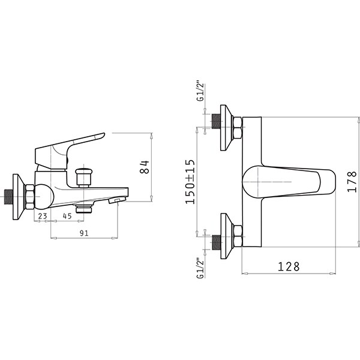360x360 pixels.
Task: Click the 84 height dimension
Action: click(145, 167)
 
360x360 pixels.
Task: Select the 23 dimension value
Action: click(43, 216)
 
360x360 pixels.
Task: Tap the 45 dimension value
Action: click(67, 216)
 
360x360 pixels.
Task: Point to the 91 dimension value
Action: click(84, 233)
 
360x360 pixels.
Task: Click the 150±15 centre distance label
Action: click(190, 181)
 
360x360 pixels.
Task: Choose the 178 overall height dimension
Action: click(352, 181)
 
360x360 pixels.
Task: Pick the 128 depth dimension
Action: click(289, 266)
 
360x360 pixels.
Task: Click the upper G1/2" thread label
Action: click(200, 91)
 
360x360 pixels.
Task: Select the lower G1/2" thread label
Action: click(200, 268)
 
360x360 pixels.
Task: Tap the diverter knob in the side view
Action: click(83, 178)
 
